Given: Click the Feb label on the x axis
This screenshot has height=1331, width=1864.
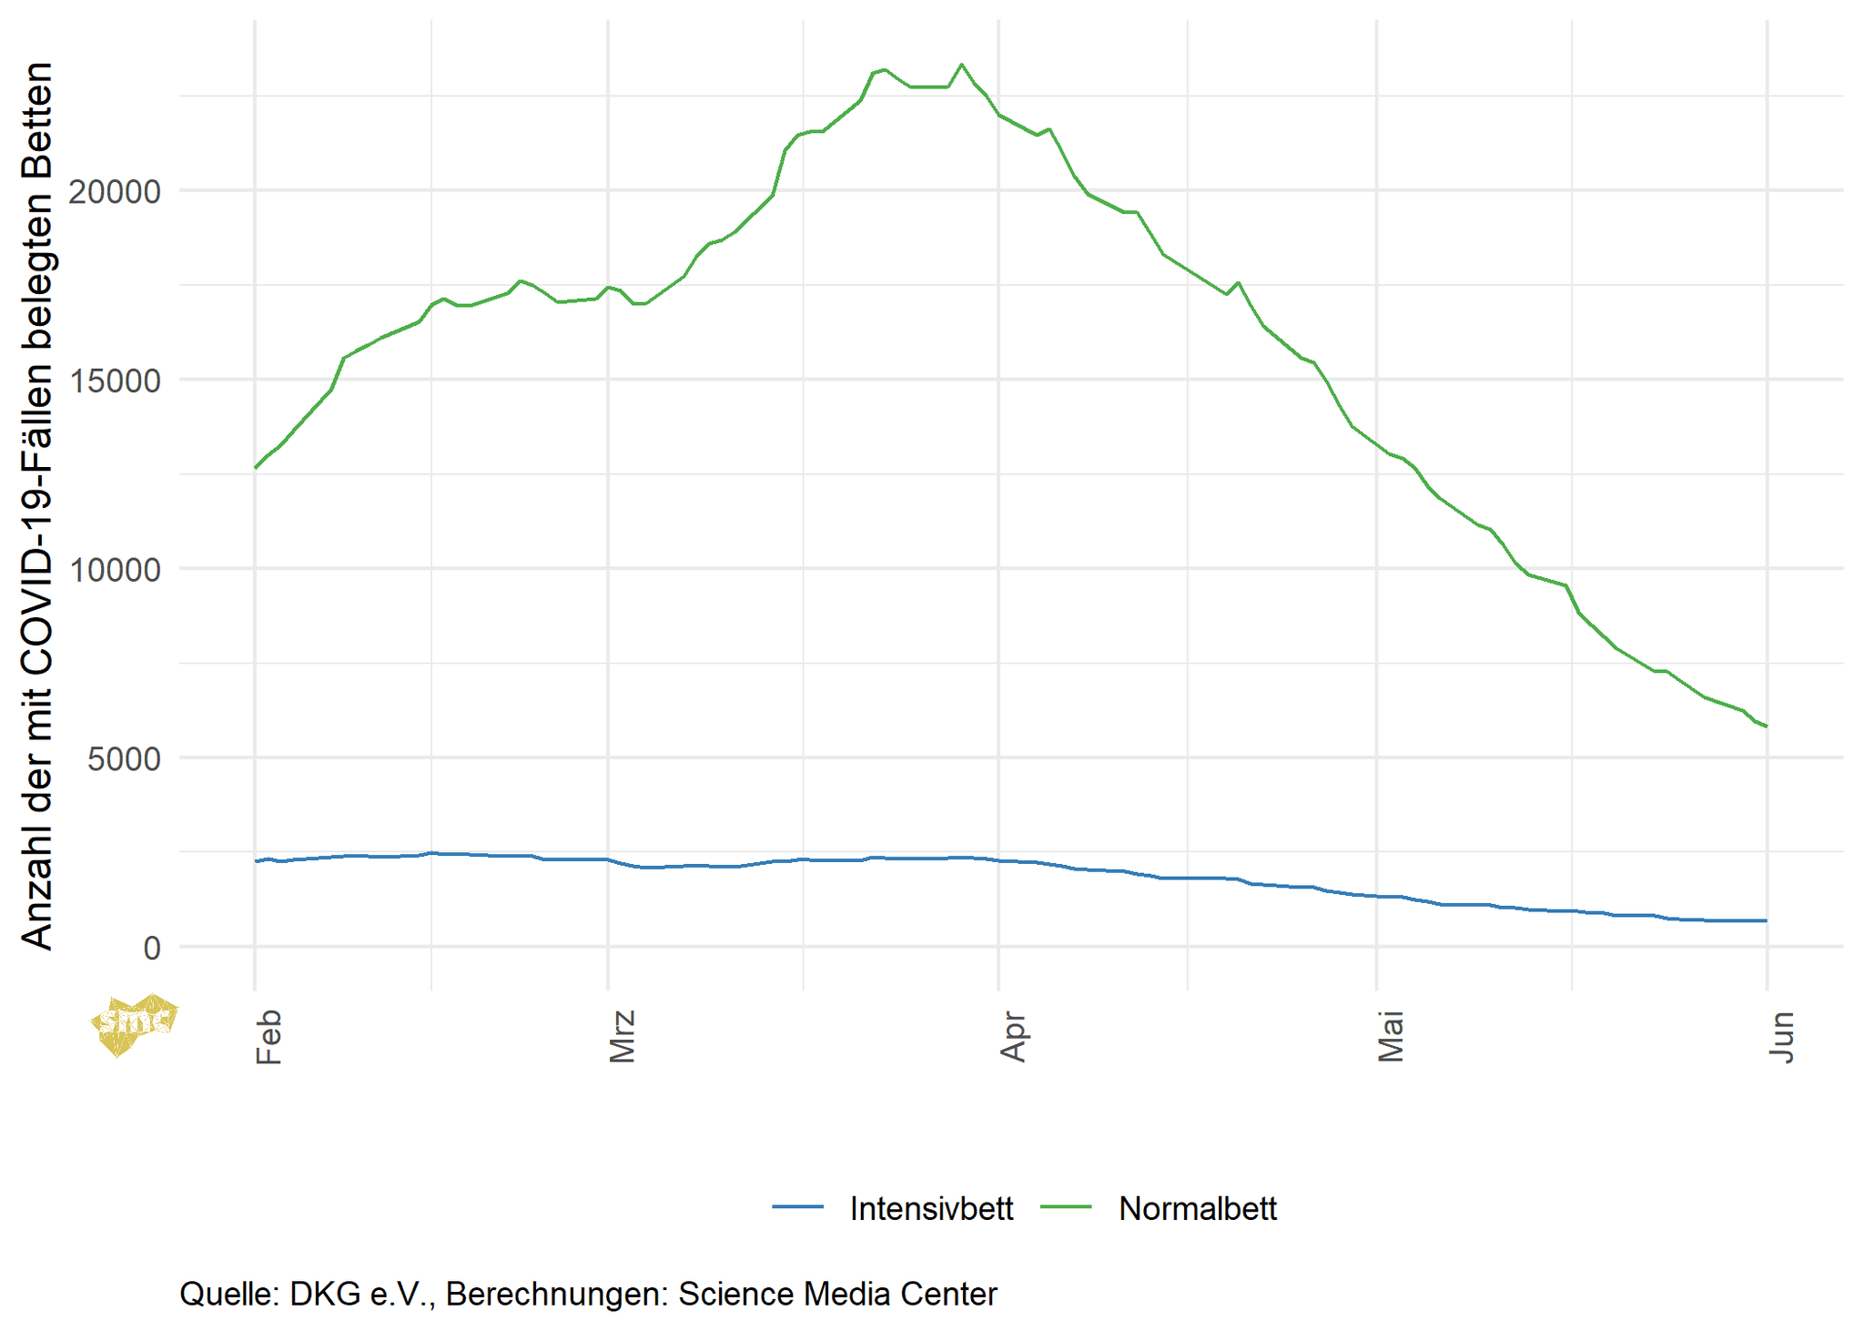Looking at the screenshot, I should pos(268,1036).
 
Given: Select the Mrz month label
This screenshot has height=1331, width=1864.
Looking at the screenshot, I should pos(622,1036).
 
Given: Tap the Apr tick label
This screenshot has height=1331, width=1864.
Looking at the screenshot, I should pos(1012,1036).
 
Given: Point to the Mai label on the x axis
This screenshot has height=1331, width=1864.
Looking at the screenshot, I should pos(1390,1036).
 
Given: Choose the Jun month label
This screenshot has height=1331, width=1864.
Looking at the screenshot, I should pos(1781,1036).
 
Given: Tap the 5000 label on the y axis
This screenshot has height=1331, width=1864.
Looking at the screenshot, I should pos(124,758).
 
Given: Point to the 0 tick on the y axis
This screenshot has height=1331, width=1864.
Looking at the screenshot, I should pos(151,948).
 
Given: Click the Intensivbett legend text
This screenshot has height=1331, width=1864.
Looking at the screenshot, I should pos(931,1209).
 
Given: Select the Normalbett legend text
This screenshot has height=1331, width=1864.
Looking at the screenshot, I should pos(1197,1209).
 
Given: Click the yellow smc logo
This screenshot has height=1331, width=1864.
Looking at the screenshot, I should pos(135,1023).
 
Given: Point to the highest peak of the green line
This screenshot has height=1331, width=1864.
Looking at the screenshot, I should pos(962,65).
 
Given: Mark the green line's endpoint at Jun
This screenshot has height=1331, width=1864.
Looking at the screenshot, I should pos(1766,726).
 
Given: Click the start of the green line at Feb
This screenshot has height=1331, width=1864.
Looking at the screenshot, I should pos(256,468).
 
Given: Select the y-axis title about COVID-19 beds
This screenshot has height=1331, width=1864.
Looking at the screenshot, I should pos(38,506).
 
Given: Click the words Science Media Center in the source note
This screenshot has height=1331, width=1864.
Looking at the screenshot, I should pos(837,1294).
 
